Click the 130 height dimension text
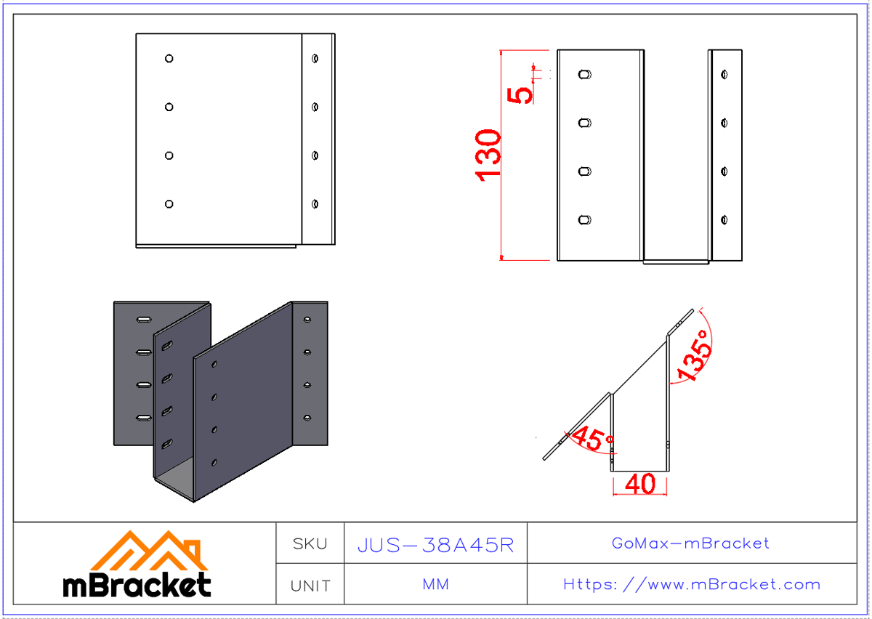click(x=488, y=154)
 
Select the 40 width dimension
click(x=639, y=485)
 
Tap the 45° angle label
click(x=592, y=439)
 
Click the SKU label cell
click(x=310, y=543)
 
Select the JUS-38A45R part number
click(x=435, y=545)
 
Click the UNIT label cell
click(x=310, y=585)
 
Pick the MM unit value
click(x=435, y=584)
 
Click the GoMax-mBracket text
click(x=690, y=543)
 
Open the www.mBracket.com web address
click(x=692, y=584)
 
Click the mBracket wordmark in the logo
click(x=137, y=585)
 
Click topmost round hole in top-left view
click(x=169, y=58)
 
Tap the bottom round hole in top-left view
click(x=169, y=204)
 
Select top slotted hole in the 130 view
click(x=585, y=74)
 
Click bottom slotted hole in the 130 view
click(x=585, y=219)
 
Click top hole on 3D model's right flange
click(x=307, y=319)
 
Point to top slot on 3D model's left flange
click(x=144, y=319)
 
